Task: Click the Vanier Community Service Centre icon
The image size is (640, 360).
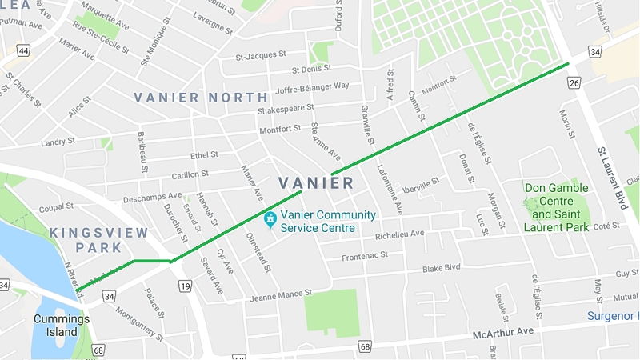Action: point(270,218)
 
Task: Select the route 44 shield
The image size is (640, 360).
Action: point(25,50)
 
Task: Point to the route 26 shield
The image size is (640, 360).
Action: point(574,82)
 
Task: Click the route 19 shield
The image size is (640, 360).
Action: point(185,286)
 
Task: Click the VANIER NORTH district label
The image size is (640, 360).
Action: point(199,98)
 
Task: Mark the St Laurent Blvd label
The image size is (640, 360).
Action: point(612,178)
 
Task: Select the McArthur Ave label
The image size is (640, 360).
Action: point(502,330)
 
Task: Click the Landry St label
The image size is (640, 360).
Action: point(58,142)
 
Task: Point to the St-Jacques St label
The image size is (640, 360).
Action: point(261,55)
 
